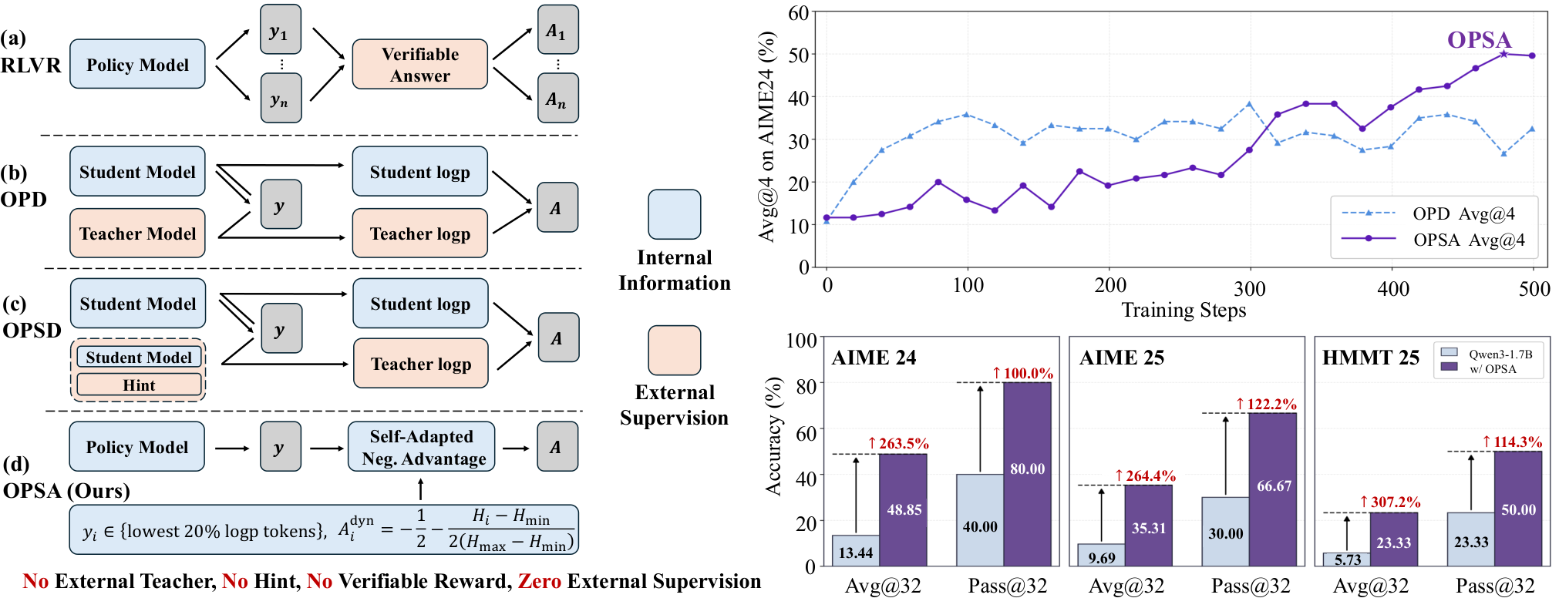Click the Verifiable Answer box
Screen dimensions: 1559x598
[419, 65]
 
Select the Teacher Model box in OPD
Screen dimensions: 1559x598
[137, 233]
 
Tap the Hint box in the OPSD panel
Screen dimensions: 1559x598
[139, 385]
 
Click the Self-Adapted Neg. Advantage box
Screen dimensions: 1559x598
[422, 447]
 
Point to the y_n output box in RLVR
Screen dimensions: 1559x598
[280, 98]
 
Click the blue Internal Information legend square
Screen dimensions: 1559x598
[675, 214]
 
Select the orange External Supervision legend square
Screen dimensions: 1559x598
[675, 350]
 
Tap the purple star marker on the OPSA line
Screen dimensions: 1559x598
[1503, 54]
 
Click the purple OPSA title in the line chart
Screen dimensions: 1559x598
[1479, 39]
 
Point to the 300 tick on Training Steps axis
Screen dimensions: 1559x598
[1249, 288]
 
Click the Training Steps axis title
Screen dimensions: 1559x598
[1184, 310]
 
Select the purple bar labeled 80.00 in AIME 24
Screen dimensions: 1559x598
[1027, 474]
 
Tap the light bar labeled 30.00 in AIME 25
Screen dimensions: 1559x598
[1225, 532]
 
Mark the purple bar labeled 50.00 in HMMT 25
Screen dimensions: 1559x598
[1518, 509]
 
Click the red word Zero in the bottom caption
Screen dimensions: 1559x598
[540, 581]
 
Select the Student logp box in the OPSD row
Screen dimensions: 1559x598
[420, 304]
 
